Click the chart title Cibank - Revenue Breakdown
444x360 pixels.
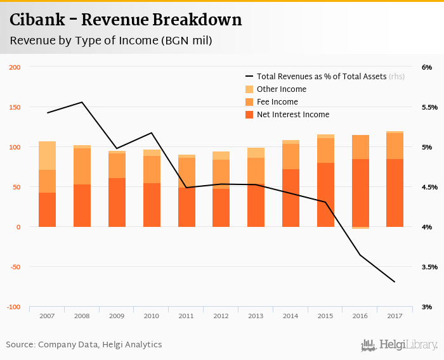point(126,20)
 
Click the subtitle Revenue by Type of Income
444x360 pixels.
point(110,41)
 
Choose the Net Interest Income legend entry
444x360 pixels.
point(292,115)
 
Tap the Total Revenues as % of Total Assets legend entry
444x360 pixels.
point(322,77)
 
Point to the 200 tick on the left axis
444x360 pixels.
point(15,67)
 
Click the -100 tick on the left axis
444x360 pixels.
point(13,307)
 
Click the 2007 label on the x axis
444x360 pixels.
point(47,316)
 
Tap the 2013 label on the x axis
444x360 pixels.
point(256,316)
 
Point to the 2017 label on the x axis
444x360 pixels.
point(395,316)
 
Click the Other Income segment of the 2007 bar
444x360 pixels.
point(47,155)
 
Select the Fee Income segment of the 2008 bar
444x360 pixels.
point(82,166)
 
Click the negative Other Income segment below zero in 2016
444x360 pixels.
point(360,228)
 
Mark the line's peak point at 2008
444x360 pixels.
point(82,102)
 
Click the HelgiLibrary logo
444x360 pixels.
point(400,345)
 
